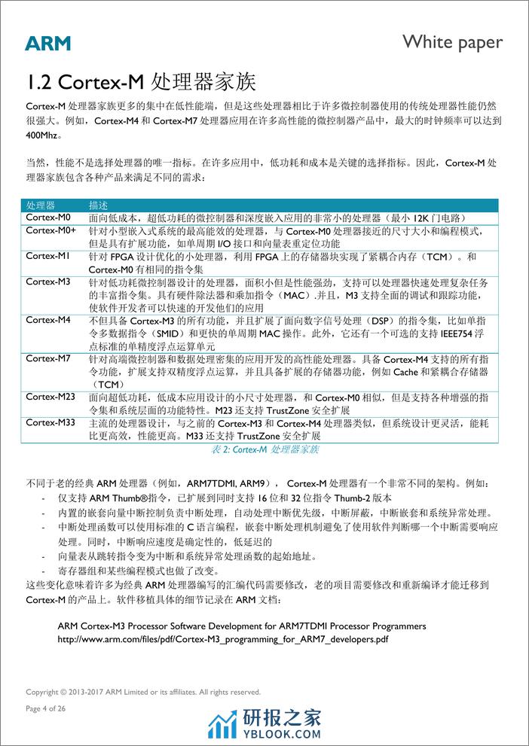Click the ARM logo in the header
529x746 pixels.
tap(47, 43)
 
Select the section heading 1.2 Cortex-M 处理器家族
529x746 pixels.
tap(141, 81)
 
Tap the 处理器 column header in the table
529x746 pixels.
tap(41, 206)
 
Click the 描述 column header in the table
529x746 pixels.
tap(98, 206)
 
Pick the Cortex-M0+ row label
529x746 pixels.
tap(51, 230)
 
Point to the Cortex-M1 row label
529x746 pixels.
tap(47, 255)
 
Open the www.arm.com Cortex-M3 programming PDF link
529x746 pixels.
tap(223, 639)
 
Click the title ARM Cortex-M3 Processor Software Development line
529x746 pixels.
tap(241, 626)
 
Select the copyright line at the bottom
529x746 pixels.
tap(143, 692)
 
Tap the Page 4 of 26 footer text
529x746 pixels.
tap(47, 708)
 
